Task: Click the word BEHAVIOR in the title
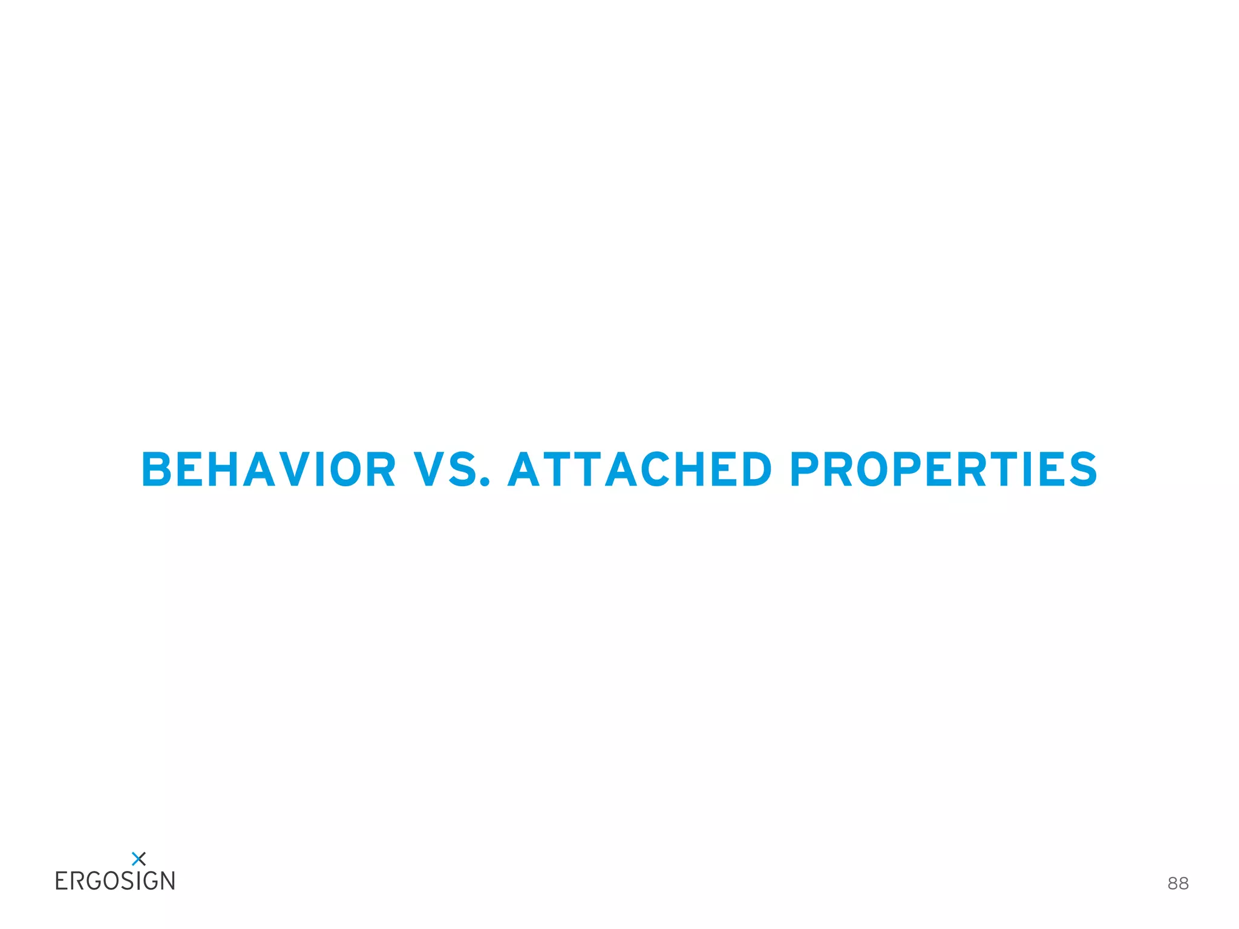coord(269,469)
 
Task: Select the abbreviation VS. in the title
coord(451,469)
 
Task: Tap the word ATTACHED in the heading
coord(640,469)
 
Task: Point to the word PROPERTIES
coord(943,469)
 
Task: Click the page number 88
coord(1178,884)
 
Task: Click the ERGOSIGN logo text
coord(115,881)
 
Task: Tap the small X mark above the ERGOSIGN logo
coord(139,858)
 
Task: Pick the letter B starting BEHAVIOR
coord(157,469)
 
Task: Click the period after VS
coord(484,483)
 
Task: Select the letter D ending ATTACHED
coord(753,469)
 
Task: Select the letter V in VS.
coord(430,469)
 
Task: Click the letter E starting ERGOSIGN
coord(61,881)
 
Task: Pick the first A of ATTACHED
coord(524,469)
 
